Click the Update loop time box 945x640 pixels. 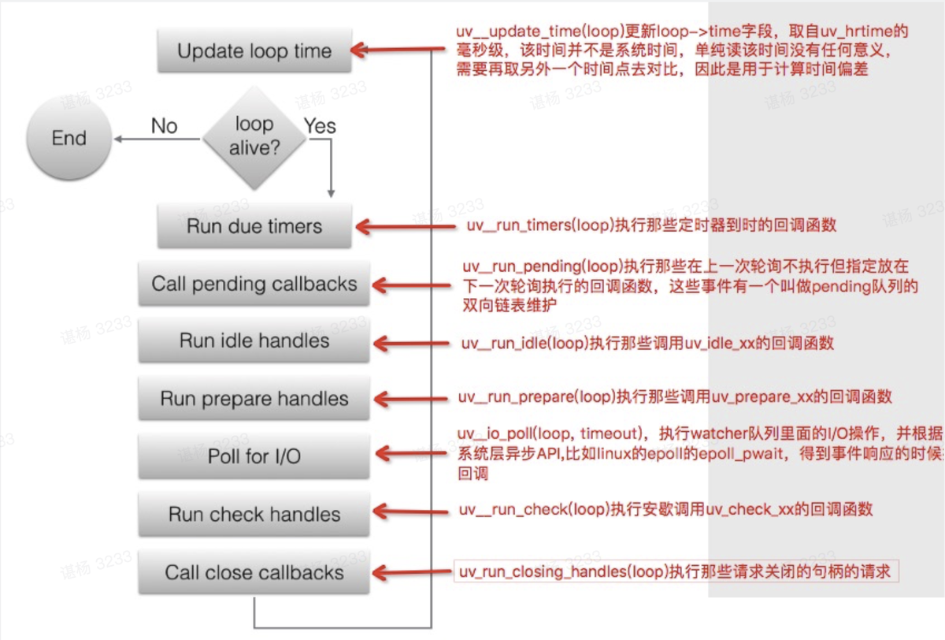click(x=254, y=52)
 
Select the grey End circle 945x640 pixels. click(x=69, y=139)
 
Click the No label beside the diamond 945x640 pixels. click(x=164, y=126)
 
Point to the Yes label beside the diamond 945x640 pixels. click(x=320, y=126)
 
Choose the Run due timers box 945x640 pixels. click(x=254, y=226)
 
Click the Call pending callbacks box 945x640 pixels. click(x=254, y=284)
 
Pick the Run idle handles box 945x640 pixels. click(x=254, y=341)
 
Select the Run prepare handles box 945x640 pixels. click(x=254, y=399)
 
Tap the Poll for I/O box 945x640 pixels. click(x=254, y=456)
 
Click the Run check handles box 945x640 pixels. click(x=254, y=515)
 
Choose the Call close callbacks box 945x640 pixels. click(x=254, y=572)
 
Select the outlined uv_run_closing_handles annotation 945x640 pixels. click(x=676, y=571)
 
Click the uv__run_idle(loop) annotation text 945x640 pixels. click(x=647, y=344)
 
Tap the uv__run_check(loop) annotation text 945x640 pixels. click(x=665, y=510)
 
